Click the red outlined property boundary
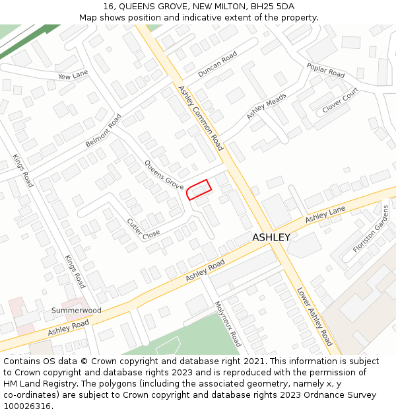(x=199, y=190)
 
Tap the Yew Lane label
(x=73, y=76)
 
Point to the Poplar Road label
(x=325, y=70)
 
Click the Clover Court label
(x=340, y=100)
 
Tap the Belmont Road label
(x=104, y=131)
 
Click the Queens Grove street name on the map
(x=164, y=175)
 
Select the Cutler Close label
(x=143, y=229)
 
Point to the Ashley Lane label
(x=325, y=215)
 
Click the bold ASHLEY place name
(x=271, y=237)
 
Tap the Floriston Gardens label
(x=372, y=229)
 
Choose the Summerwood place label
(x=77, y=310)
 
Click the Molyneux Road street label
(x=228, y=324)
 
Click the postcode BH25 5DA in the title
(x=273, y=6)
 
